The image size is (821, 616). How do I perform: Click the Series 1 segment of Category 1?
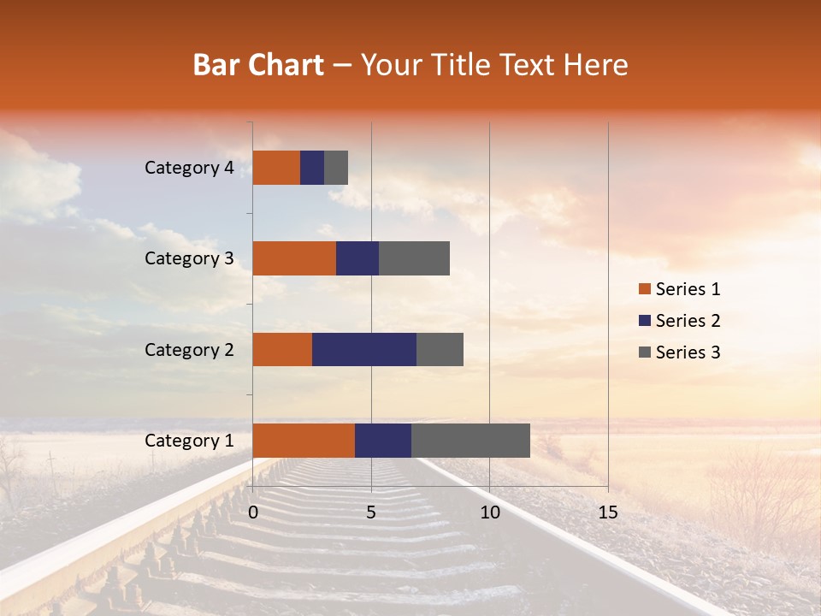304,441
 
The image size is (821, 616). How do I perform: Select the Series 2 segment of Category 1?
383,441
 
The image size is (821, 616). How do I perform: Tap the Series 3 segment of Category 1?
470,441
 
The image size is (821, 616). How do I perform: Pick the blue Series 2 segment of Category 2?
364,349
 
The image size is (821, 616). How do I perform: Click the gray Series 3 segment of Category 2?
440,349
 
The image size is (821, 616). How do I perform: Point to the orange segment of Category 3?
294,258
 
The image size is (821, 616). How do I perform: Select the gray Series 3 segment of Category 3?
414,258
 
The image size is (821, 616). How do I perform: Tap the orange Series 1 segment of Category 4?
276,168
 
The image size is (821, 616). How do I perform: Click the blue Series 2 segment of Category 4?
312,168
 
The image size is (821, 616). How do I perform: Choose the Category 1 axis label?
189,441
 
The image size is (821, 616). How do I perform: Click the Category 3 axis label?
189,258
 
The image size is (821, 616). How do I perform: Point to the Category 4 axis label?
189,168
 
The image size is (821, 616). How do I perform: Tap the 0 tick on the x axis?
253,512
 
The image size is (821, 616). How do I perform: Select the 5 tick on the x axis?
371,512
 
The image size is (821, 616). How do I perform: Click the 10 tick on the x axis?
489,512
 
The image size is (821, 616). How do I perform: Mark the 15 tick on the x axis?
608,512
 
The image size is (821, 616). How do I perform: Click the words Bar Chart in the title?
258,65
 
